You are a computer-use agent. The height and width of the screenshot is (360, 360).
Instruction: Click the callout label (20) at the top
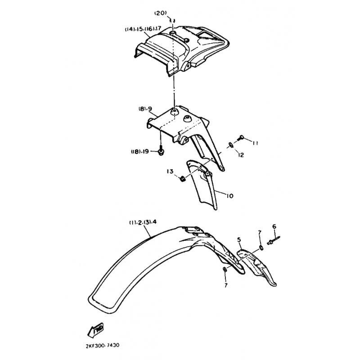point(160,13)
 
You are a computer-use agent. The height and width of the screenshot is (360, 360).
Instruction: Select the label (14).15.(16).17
point(143,29)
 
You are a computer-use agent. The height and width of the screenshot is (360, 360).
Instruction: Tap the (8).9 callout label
point(145,109)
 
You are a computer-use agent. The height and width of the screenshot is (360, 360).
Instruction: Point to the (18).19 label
point(140,152)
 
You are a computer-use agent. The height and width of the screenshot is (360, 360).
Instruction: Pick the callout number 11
point(255,143)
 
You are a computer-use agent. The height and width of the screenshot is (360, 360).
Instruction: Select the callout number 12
point(241,155)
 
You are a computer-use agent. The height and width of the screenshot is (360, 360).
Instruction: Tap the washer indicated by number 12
point(230,145)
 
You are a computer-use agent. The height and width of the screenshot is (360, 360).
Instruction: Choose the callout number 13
point(170,171)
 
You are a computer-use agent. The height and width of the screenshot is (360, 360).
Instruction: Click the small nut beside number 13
point(182,179)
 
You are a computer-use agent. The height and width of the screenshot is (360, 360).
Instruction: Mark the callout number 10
point(229,196)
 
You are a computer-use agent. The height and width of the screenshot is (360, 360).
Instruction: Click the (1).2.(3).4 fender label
point(143,222)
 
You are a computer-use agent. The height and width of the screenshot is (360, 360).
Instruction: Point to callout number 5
point(239,240)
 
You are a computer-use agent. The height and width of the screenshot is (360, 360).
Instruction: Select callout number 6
point(274,227)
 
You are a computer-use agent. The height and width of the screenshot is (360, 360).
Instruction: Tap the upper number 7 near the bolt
point(260,233)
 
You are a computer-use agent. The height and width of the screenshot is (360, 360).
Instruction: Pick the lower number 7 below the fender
point(226,285)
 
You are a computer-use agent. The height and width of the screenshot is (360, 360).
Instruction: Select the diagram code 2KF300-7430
point(103,345)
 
